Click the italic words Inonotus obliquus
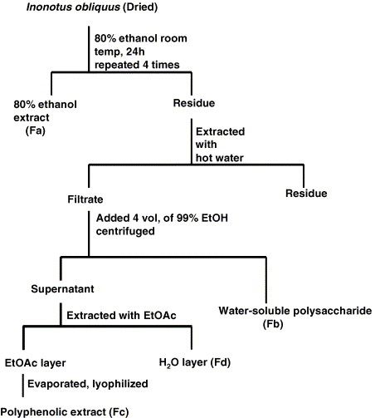tap(73, 7)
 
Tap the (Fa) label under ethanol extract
tap(36, 130)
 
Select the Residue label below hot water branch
tap(306, 194)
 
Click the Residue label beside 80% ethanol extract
tap(194, 103)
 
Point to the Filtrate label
tap(85, 199)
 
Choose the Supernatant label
tap(62, 289)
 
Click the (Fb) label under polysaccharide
tap(273, 324)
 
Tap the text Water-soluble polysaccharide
tap(295, 311)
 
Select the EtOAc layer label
tap(36, 363)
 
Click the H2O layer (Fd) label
tap(195, 362)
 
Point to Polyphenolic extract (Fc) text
tap(65, 412)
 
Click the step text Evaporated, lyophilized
tap(88, 384)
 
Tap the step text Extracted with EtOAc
tap(121, 316)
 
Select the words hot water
tap(220, 158)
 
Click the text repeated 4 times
tap(137, 65)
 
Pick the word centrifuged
tap(125, 231)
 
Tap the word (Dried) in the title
tap(140, 7)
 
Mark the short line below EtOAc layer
tap(22, 386)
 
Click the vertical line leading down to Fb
tap(266, 280)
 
